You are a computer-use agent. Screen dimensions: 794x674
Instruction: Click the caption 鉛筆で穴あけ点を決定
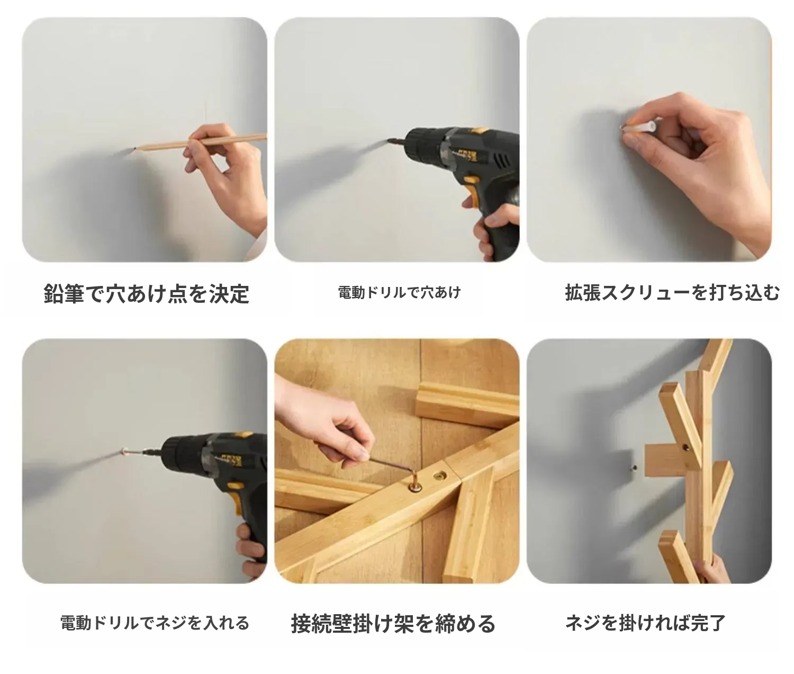click(146, 294)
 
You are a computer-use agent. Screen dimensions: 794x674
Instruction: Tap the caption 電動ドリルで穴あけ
click(399, 292)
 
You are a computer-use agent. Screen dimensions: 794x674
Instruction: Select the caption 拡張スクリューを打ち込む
click(672, 292)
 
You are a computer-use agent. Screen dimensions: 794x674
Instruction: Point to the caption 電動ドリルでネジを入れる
click(155, 623)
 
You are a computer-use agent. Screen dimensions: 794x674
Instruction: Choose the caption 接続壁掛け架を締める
click(393, 624)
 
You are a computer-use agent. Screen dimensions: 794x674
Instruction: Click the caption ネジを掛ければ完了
click(645, 623)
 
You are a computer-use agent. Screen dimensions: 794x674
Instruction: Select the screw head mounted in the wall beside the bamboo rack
click(634, 468)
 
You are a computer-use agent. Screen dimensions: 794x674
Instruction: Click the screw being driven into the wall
click(132, 452)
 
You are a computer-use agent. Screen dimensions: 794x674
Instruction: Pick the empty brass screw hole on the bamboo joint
click(439, 477)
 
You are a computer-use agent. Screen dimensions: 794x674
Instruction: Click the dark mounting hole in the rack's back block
click(684, 447)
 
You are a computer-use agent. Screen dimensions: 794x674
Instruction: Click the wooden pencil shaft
click(200, 141)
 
